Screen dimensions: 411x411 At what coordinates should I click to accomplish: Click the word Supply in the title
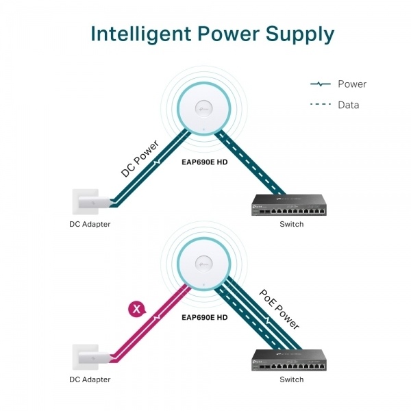tap(299, 34)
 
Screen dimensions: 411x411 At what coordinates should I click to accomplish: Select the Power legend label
tap(351, 84)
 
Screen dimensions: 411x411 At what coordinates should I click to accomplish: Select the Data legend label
tap(348, 105)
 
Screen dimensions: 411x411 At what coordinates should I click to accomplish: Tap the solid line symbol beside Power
tap(321, 84)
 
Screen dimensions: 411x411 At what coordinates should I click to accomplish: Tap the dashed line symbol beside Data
tap(321, 105)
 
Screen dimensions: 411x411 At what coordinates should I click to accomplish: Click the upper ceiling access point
tap(203, 108)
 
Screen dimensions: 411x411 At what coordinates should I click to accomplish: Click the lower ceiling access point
tap(203, 262)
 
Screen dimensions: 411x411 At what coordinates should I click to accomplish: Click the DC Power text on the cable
tap(140, 158)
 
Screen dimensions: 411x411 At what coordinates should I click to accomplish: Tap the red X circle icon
tap(137, 310)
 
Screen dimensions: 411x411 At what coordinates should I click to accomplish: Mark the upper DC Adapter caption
tap(90, 224)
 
